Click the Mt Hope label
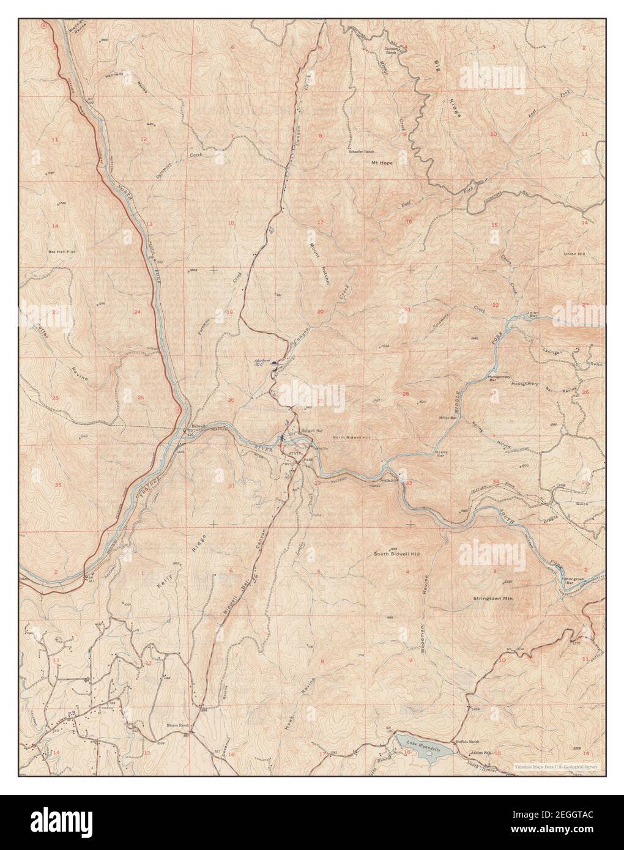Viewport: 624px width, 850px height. coord(382,163)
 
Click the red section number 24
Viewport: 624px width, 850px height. coord(137,312)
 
